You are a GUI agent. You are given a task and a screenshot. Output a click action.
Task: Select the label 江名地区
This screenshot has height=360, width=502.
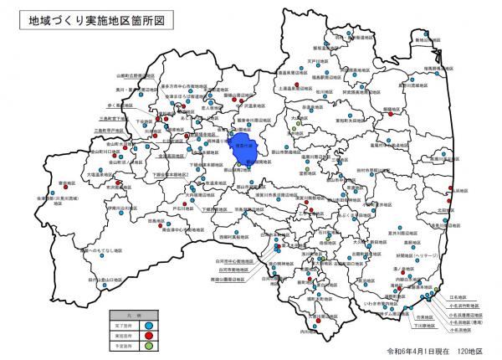coord(461,296)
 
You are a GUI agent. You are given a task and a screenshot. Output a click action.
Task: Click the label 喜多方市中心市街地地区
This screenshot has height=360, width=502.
coord(190,85)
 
